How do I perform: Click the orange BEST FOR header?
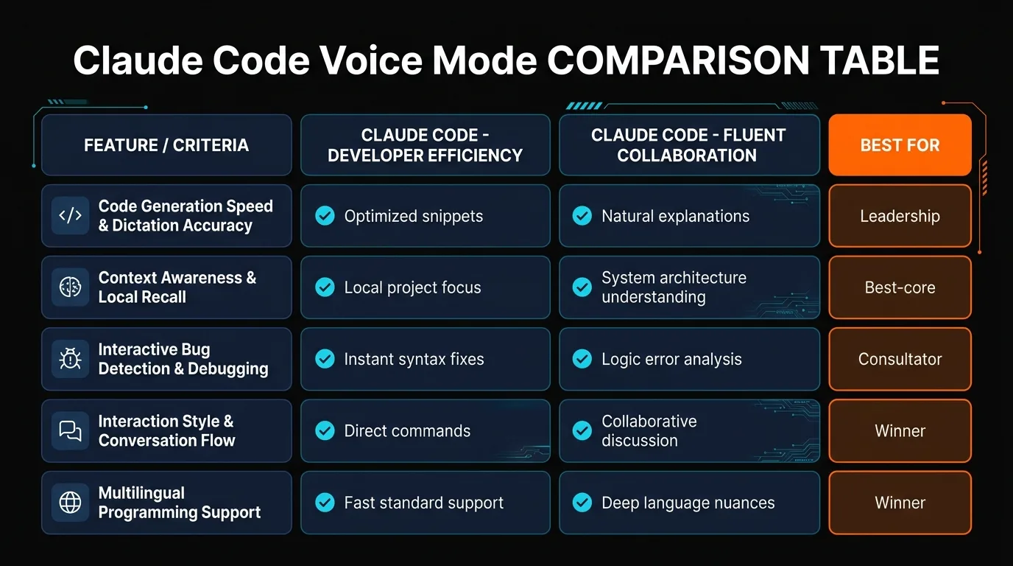point(900,145)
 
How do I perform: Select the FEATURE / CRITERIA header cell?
point(166,145)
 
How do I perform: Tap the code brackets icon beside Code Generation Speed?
point(71,216)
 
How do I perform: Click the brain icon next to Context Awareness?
point(71,287)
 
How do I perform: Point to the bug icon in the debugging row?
point(71,359)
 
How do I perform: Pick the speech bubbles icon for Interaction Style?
point(71,430)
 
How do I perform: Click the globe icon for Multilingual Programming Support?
point(71,503)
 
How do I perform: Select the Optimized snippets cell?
point(425,216)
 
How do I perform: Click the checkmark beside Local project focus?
point(325,287)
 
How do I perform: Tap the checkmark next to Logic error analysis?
point(582,359)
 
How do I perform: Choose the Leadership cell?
point(900,216)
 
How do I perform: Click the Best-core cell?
point(900,287)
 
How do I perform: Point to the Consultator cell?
point(900,359)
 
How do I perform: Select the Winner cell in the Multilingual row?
point(900,503)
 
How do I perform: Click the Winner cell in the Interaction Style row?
point(900,430)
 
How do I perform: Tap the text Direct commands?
point(407,430)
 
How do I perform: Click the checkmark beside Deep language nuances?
point(582,503)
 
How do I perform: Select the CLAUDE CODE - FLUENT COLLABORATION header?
point(688,145)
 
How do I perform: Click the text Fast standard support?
point(424,503)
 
